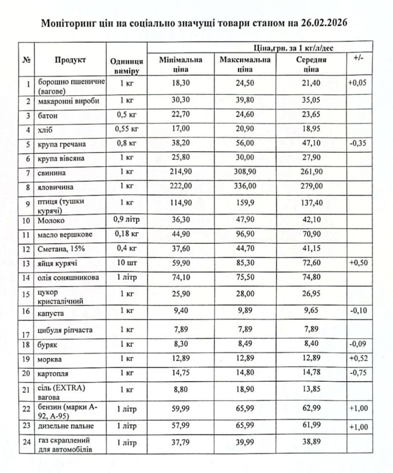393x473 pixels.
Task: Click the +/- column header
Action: pos(358,58)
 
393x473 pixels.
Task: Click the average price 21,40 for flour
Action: pos(311,83)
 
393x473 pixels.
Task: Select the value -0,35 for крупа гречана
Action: pos(358,143)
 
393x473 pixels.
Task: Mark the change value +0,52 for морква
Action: pos(358,359)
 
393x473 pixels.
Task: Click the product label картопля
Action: pos(51,373)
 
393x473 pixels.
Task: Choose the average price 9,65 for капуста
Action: pos(311,311)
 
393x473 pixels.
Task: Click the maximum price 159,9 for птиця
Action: pos(244,202)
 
